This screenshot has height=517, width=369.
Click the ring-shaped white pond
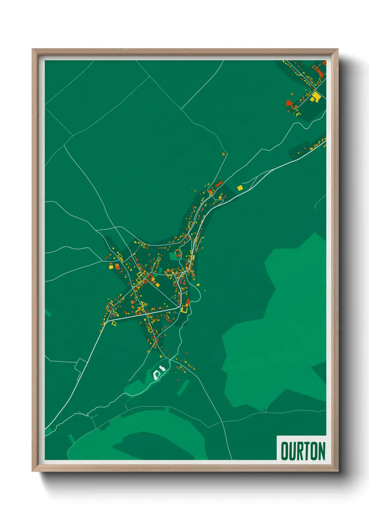(x=157, y=375)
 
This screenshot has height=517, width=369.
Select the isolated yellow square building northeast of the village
(x=240, y=188)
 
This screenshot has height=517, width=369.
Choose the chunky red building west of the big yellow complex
(x=289, y=102)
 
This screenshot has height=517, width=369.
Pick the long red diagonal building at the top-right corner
(x=318, y=72)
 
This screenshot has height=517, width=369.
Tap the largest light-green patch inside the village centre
(x=173, y=256)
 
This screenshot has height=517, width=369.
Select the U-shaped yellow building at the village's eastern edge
(x=184, y=309)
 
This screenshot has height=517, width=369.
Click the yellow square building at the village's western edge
(x=111, y=267)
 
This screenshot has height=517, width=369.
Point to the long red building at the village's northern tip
(x=219, y=183)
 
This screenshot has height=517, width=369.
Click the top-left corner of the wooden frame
(x=32, y=49)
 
